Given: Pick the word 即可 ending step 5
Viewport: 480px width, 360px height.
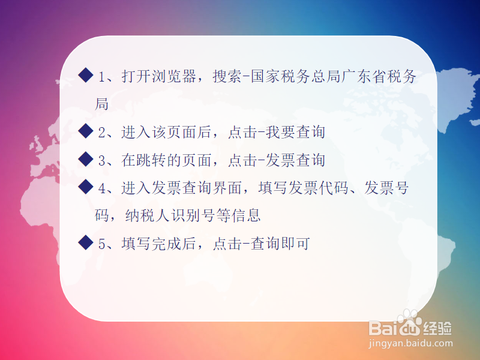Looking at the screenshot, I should point(295,244).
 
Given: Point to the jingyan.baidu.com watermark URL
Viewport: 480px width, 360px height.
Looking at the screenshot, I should point(410,344).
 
